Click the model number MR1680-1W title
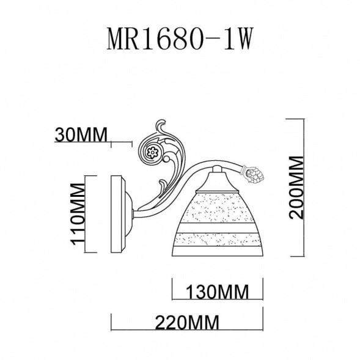click(x=180, y=40)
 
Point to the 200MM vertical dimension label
click(x=296, y=187)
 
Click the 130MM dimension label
click(x=217, y=292)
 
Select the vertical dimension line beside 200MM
click(x=304, y=187)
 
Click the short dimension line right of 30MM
click(x=121, y=143)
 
